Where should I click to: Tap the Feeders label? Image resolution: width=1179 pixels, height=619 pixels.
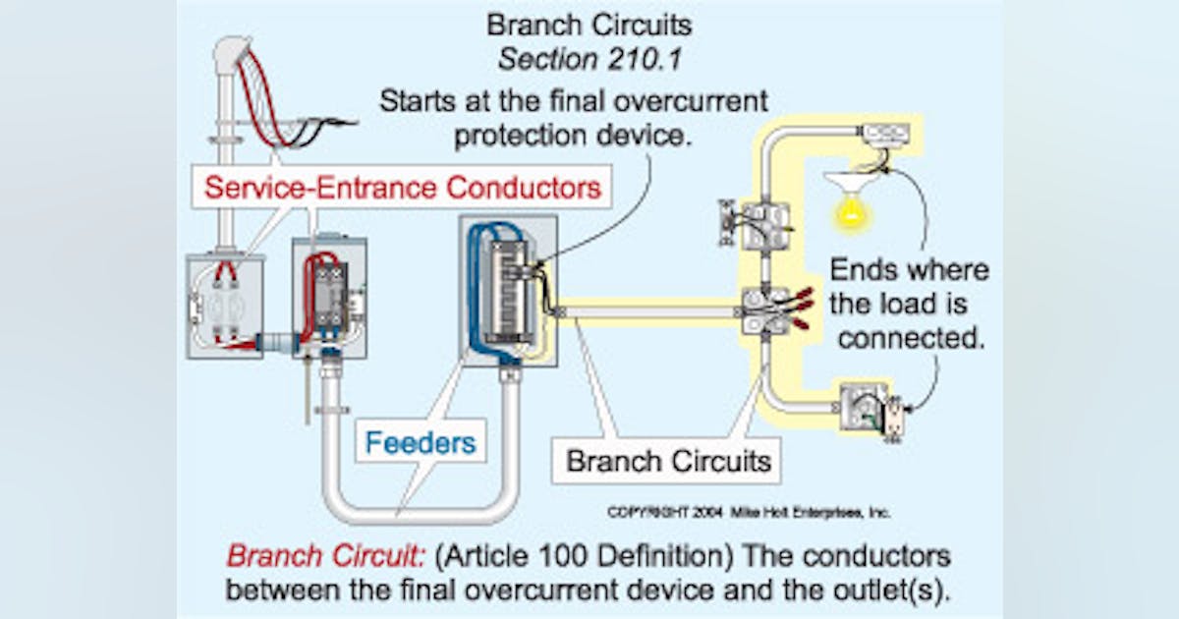click(421, 442)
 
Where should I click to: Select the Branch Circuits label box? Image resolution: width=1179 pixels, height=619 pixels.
click(668, 459)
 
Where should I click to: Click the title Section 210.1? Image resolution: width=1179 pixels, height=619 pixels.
click(589, 59)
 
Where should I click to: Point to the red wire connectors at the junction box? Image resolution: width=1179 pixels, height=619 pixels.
click(798, 305)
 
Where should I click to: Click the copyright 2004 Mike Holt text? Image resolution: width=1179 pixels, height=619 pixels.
click(750, 512)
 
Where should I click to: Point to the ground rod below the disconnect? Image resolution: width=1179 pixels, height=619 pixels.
click(308, 393)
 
